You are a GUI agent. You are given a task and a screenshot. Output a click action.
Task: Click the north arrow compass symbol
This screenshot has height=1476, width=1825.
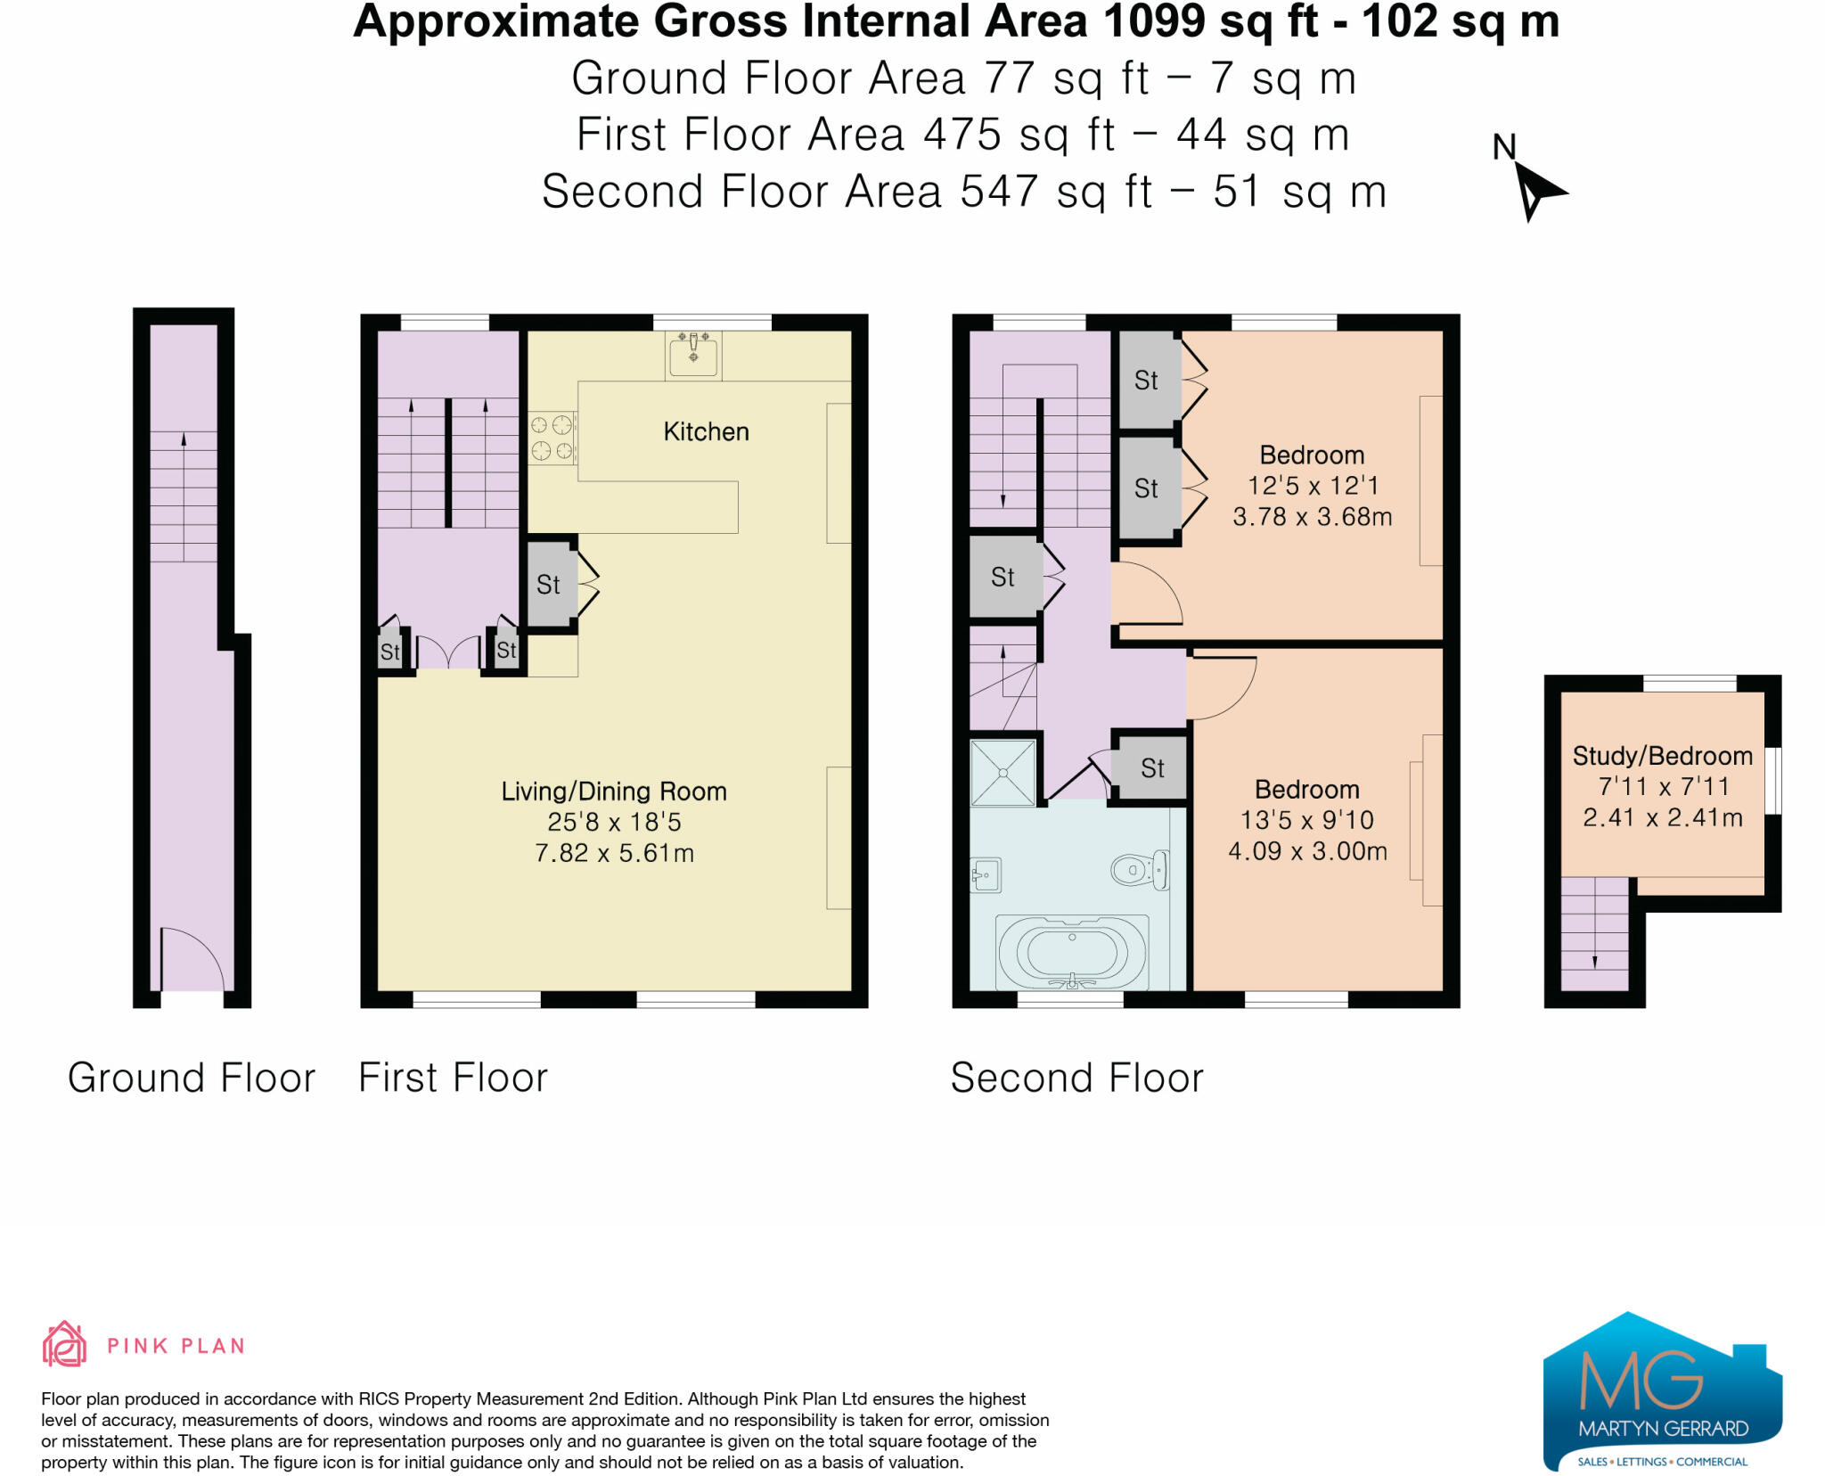pyautogui.click(x=1534, y=189)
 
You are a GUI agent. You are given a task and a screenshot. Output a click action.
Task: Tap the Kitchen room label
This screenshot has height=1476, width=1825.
pyautogui.click(x=706, y=432)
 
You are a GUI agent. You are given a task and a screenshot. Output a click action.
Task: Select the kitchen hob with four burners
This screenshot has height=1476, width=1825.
pyautogui.click(x=552, y=438)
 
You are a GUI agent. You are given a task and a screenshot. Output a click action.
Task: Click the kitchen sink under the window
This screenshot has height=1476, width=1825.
pyautogui.click(x=693, y=355)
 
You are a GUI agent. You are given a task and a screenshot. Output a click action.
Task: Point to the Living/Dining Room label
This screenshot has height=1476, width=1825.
pyautogui.click(x=614, y=791)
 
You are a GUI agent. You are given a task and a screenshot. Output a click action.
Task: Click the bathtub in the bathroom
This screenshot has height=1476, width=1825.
pyautogui.click(x=1072, y=953)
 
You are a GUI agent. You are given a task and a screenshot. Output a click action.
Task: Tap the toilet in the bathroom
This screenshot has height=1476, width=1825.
pyautogui.click(x=1139, y=869)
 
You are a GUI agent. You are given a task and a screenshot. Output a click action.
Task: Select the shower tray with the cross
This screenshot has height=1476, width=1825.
pyautogui.click(x=1003, y=773)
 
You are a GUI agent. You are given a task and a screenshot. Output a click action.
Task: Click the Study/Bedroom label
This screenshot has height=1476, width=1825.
pyautogui.click(x=1662, y=757)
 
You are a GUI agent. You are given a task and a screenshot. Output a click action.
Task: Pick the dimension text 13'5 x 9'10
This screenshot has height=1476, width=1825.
pyautogui.click(x=1307, y=820)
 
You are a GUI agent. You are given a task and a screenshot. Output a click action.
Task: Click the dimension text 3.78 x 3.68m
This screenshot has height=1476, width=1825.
pyautogui.click(x=1312, y=517)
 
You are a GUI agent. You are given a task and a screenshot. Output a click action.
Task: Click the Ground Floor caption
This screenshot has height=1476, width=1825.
pyautogui.click(x=192, y=1078)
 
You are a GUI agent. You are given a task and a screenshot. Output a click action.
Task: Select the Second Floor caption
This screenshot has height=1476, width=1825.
pyautogui.click(x=1076, y=1078)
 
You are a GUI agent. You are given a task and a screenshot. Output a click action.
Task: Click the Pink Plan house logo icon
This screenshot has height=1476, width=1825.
pyautogui.click(x=64, y=1345)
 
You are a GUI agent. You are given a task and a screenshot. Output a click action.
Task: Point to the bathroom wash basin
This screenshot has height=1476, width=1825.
pyautogui.click(x=985, y=875)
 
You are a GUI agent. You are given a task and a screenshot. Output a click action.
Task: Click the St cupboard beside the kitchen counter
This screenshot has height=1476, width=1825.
pyautogui.click(x=548, y=586)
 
